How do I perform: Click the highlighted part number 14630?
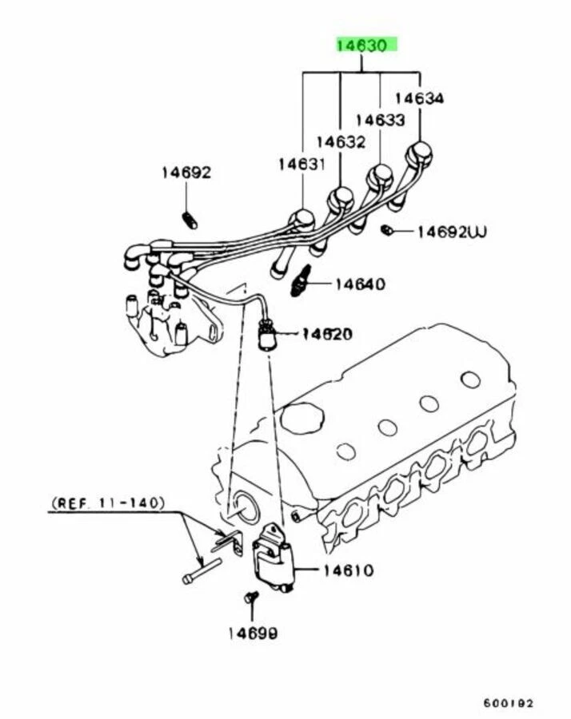tap(365, 46)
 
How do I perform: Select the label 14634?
tap(420, 98)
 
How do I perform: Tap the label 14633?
tap(381, 120)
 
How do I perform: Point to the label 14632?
tap(341, 142)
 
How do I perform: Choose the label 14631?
tap(302, 164)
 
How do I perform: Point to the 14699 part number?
tap(251, 634)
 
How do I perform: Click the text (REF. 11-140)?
tap(107, 503)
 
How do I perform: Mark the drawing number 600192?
tap(508, 704)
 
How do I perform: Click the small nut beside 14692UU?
tap(386, 230)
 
